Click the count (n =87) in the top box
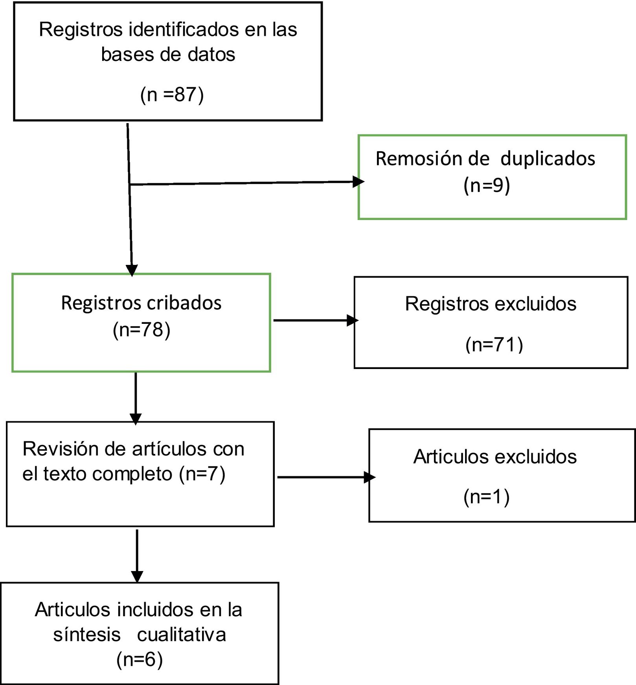click(172, 95)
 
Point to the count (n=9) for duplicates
click(487, 185)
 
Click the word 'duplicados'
click(548, 159)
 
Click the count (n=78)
click(142, 330)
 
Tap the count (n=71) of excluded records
click(494, 345)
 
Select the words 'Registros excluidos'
click(491, 304)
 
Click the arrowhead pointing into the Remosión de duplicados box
click(358, 182)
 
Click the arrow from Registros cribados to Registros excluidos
click(314, 320)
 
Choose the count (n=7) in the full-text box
click(202, 474)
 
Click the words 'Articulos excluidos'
click(495, 457)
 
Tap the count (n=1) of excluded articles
click(487, 497)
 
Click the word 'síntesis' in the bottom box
click(87, 634)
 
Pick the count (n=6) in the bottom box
click(140, 659)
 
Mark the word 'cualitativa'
click(182, 634)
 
